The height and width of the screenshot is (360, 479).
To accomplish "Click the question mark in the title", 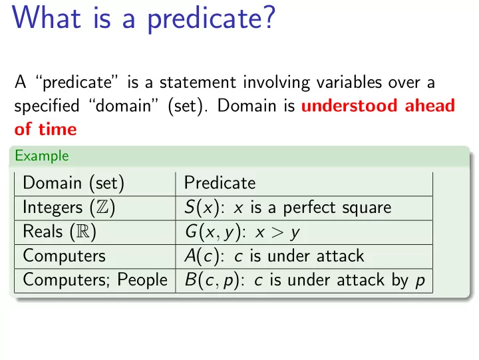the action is [x=269, y=17].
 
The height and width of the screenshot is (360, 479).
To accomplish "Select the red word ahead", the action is [x=430, y=105].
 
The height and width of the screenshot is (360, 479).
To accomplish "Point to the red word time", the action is [x=57, y=129].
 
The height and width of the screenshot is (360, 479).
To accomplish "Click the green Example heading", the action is [x=42, y=156].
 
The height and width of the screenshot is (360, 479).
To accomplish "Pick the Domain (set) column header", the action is [x=73, y=183].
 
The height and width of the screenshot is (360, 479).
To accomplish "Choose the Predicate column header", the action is [x=220, y=183].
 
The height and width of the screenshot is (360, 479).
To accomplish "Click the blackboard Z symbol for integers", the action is [x=102, y=207].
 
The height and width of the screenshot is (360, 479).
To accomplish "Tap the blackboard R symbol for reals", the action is [x=82, y=232].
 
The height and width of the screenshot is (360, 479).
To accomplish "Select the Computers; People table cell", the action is [x=95, y=280].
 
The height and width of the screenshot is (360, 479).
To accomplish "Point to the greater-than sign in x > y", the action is [x=277, y=232].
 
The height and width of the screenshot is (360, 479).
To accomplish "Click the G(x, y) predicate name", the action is [x=213, y=232].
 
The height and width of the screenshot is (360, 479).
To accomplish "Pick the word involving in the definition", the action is [x=277, y=83].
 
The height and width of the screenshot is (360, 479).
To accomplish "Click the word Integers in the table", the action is [x=53, y=208].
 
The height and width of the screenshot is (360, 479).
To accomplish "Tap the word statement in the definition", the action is [x=198, y=83].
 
